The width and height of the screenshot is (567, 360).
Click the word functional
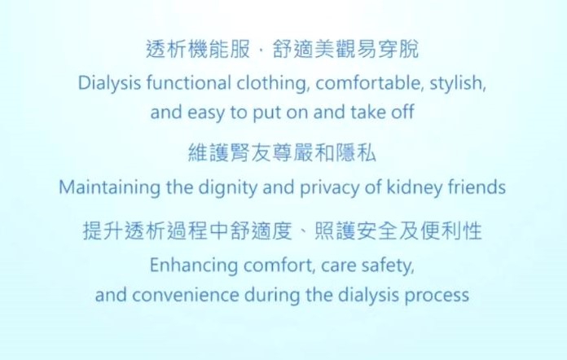[x=189, y=83]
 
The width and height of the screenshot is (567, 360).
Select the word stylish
[x=458, y=84]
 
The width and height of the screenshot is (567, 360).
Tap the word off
[x=402, y=112]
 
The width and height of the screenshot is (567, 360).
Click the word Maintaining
[x=109, y=187]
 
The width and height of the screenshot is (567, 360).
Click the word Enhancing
[x=193, y=266]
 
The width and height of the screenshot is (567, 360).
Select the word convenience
[x=185, y=296]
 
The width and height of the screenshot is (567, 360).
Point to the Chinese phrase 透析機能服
[x=198, y=49]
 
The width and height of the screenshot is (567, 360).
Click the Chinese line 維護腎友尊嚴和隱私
[x=283, y=152]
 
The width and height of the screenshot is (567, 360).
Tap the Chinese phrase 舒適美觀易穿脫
[x=346, y=49]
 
